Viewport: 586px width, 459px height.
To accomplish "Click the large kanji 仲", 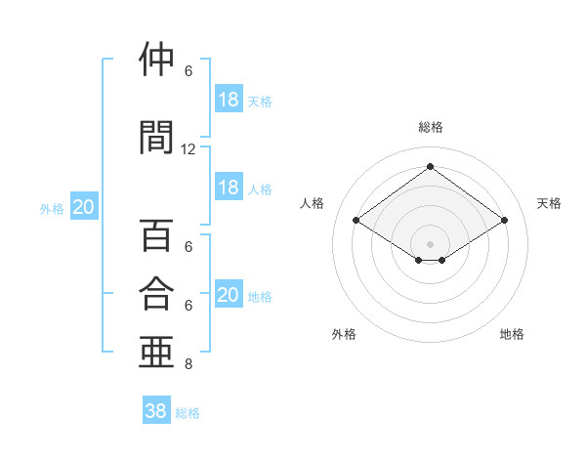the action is tap(156, 59).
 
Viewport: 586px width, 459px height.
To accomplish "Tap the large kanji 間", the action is tap(156, 137).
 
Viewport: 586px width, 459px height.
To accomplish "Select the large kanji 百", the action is tap(156, 234).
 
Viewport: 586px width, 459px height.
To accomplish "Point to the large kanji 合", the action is tap(156, 293).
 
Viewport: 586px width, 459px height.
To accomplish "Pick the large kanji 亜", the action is tap(156, 352).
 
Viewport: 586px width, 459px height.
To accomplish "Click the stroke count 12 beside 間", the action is tap(188, 149).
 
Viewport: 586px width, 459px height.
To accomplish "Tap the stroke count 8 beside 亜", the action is tap(188, 364).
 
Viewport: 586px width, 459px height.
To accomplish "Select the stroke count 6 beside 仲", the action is tap(188, 71).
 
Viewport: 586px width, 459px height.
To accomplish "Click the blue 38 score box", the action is tap(156, 409).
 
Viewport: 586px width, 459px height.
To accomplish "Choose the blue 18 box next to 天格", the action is tap(229, 99).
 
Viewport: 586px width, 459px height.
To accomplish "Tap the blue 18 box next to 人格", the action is tap(229, 187).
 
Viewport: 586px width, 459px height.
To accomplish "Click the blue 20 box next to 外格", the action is tap(84, 206).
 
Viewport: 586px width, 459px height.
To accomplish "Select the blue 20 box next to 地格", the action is tap(229, 293).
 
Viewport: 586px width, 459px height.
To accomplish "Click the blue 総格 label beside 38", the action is tap(188, 413).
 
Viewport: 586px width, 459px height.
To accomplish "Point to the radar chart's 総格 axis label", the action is tap(431, 127).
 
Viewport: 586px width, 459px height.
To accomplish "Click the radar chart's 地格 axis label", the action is tap(512, 334).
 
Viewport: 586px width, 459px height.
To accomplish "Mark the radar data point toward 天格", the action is tap(504, 220).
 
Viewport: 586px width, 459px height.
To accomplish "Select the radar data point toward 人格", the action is tap(356, 220).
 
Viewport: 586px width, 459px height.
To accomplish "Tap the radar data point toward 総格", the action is tap(430, 166).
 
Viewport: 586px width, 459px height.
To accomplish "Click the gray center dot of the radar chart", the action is tap(430, 244).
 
